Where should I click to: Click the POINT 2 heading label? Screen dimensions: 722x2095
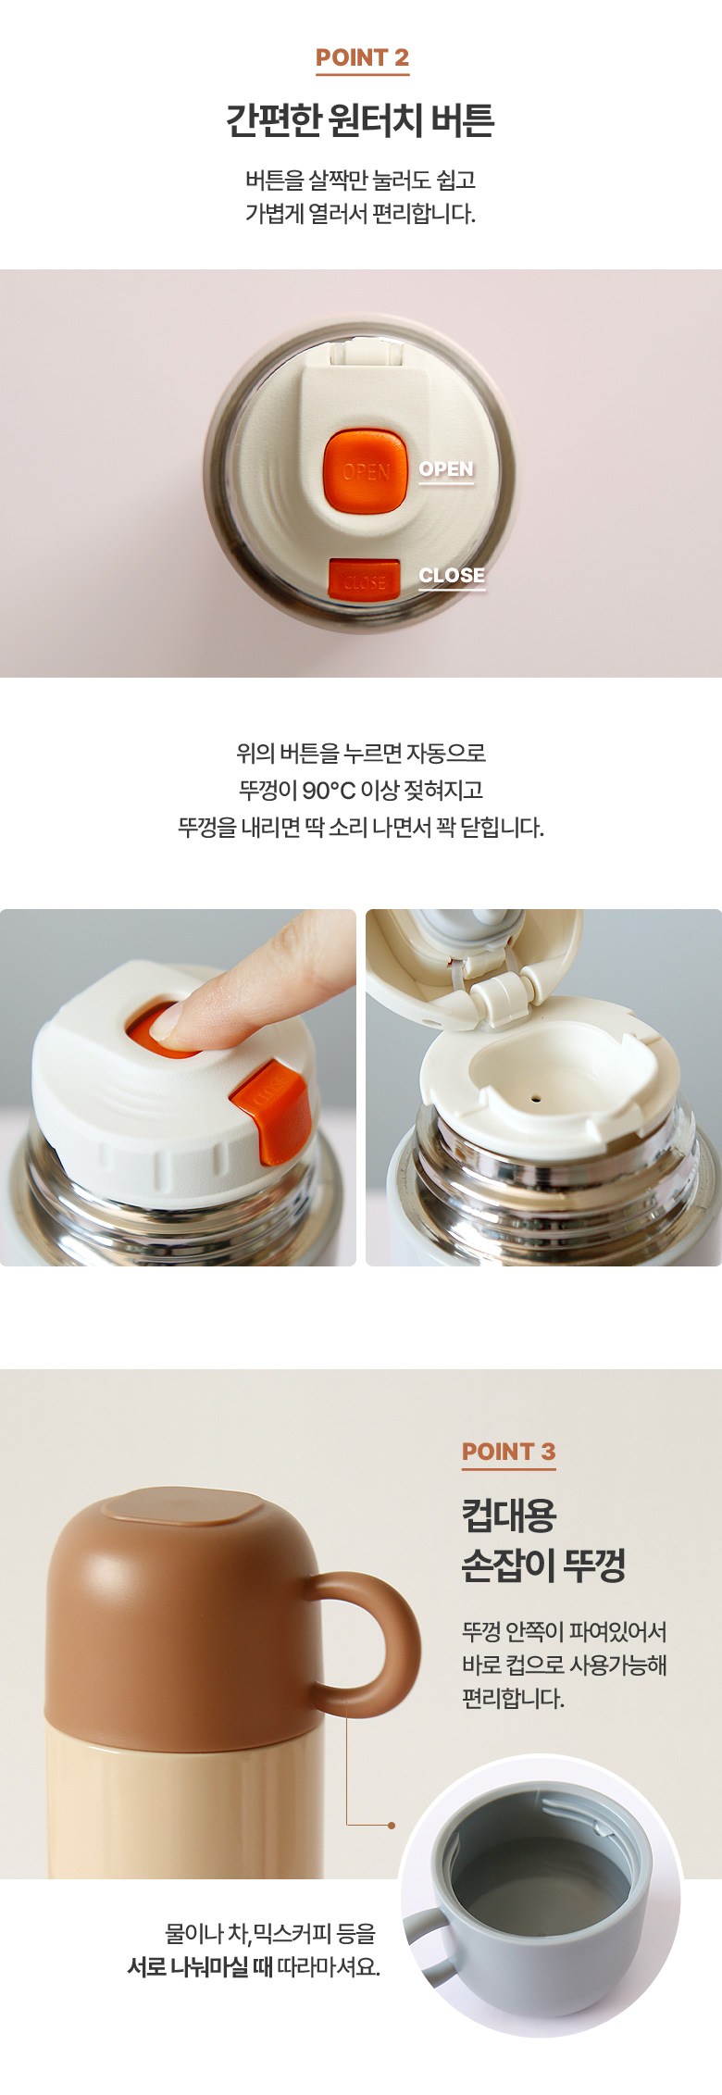(362, 57)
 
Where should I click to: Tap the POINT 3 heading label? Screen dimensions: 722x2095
(508, 1451)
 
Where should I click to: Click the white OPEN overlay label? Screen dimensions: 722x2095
(446, 469)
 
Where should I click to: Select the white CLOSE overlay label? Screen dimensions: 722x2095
(452, 575)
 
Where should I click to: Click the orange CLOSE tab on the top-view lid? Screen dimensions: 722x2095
(364, 580)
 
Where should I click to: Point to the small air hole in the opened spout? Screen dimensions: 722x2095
(536, 1100)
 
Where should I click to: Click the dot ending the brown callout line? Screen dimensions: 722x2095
(392, 1825)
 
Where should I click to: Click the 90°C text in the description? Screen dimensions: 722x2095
(329, 790)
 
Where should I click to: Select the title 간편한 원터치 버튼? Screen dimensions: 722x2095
(361, 120)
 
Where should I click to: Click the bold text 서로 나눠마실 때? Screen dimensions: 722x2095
(199, 1966)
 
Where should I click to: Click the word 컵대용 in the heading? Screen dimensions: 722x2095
(509, 1515)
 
